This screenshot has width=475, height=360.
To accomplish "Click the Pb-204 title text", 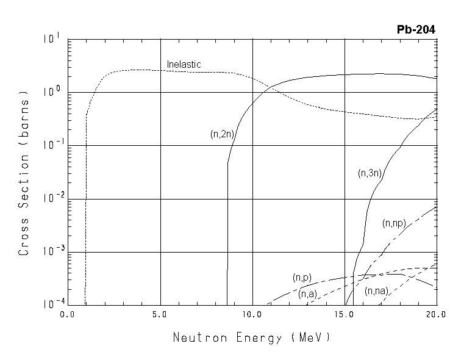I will click(416, 30).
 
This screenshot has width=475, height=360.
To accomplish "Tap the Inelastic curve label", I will click(184, 65).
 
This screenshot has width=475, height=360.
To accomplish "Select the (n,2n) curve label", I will click(223, 135).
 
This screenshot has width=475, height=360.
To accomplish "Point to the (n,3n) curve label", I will click(370, 173).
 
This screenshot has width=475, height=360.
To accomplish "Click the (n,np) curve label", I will click(394, 223).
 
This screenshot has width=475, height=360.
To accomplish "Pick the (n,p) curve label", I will click(302, 278).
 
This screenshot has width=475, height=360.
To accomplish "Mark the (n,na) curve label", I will click(376, 292).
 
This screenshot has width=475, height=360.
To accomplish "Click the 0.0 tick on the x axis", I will click(67, 314).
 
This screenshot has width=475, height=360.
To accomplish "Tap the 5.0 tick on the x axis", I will click(160, 314).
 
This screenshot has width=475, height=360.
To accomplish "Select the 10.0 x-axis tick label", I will click(252, 314).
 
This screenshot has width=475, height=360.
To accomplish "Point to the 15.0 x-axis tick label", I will click(344, 314).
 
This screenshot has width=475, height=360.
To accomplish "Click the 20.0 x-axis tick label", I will click(436, 314).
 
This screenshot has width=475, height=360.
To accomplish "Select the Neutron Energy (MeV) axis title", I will click(252, 337).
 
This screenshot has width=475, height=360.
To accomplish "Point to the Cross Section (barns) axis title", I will click(24, 173).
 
